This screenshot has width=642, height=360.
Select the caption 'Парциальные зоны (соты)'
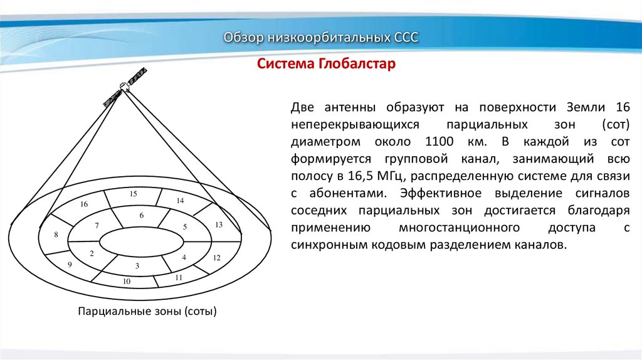(x=147, y=311)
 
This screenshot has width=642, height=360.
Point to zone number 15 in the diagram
(x=134, y=194)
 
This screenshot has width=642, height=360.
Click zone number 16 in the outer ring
(x=85, y=204)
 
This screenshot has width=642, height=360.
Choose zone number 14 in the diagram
(x=180, y=201)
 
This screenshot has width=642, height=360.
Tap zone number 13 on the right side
(x=219, y=225)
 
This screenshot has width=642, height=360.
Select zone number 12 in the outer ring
(x=217, y=258)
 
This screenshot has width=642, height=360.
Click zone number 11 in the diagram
(x=179, y=277)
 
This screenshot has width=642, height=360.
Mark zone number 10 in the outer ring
(x=127, y=282)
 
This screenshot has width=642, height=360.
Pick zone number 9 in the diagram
(x=70, y=265)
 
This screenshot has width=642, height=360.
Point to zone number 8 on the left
(x=56, y=235)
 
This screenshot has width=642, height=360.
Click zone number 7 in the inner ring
(x=97, y=225)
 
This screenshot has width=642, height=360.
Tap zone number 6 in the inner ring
(x=142, y=216)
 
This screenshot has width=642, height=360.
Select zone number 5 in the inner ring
(x=185, y=226)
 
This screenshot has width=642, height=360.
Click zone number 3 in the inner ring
(x=137, y=267)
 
